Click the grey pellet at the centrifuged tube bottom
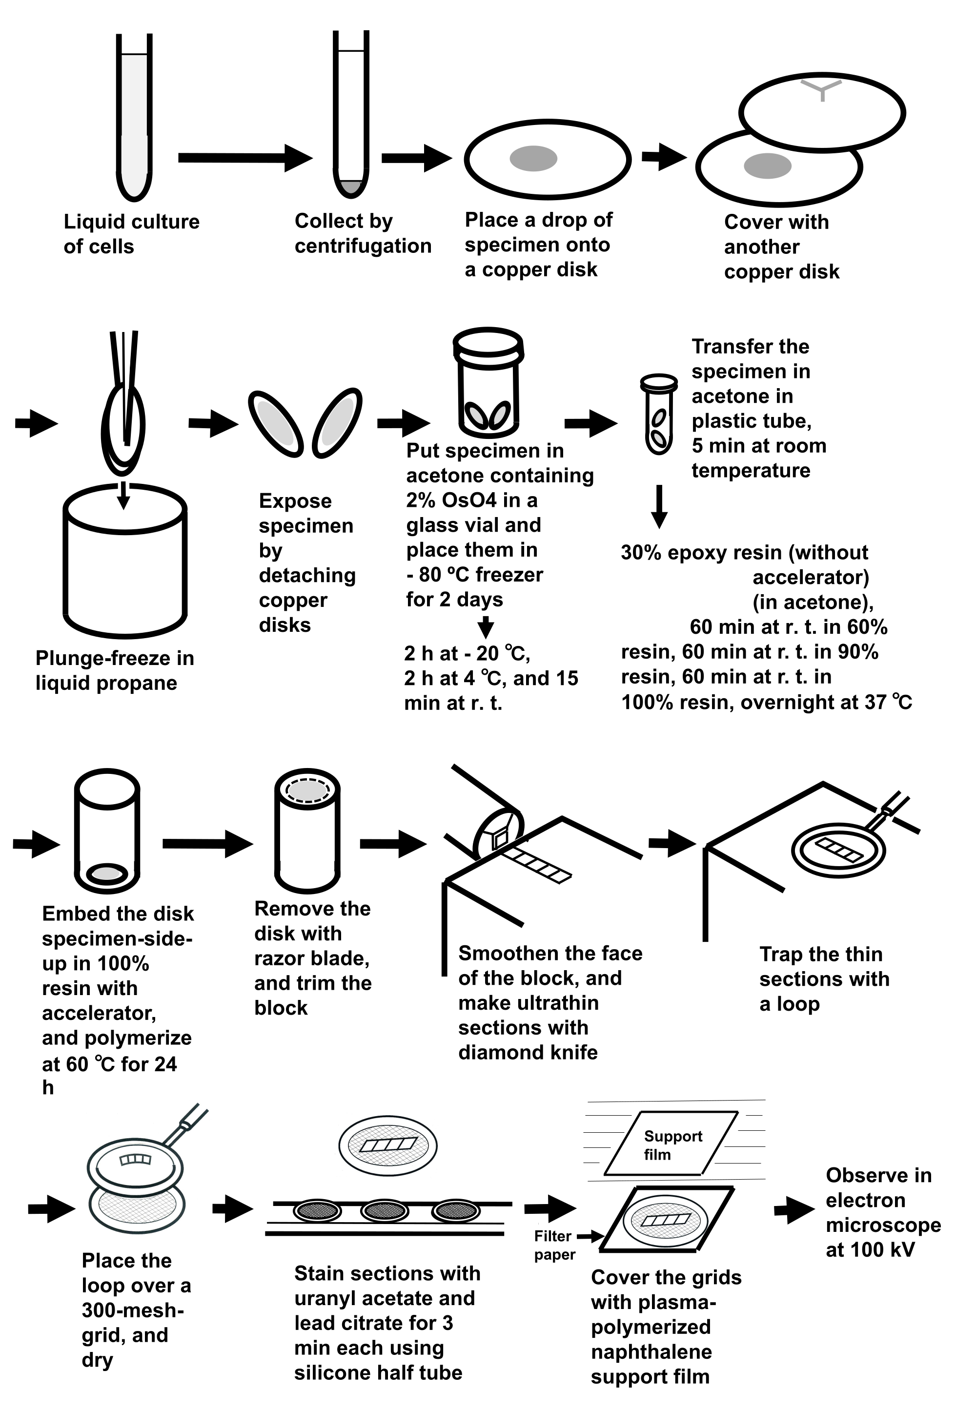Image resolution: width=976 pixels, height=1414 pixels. point(351,187)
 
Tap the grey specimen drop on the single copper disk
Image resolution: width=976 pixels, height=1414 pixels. point(533,159)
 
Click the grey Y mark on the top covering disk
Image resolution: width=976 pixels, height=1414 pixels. point(822,89)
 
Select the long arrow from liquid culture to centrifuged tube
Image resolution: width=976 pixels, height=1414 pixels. point(244,158)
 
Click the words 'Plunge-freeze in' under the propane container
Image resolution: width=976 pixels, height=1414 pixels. point(114,658)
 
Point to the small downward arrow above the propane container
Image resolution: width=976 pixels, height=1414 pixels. point(123,495)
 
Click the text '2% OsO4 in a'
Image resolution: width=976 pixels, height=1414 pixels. point(471,500)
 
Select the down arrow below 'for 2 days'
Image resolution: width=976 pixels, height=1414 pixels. point(486,627)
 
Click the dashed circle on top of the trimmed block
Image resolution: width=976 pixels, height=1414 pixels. point(307,790)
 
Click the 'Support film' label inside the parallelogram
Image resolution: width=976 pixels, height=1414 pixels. point(672,1145)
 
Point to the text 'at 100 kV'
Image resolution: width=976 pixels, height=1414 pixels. point(870,1249)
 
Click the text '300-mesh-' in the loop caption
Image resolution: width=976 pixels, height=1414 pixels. point(133,1310)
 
